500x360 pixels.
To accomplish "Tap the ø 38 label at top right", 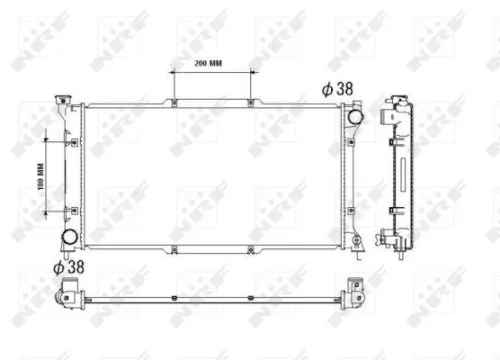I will (338, 89).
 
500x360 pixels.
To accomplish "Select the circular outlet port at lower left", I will (71, 238).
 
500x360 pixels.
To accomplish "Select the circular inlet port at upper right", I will (353, 116).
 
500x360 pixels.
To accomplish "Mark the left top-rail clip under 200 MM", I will (175, 102).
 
